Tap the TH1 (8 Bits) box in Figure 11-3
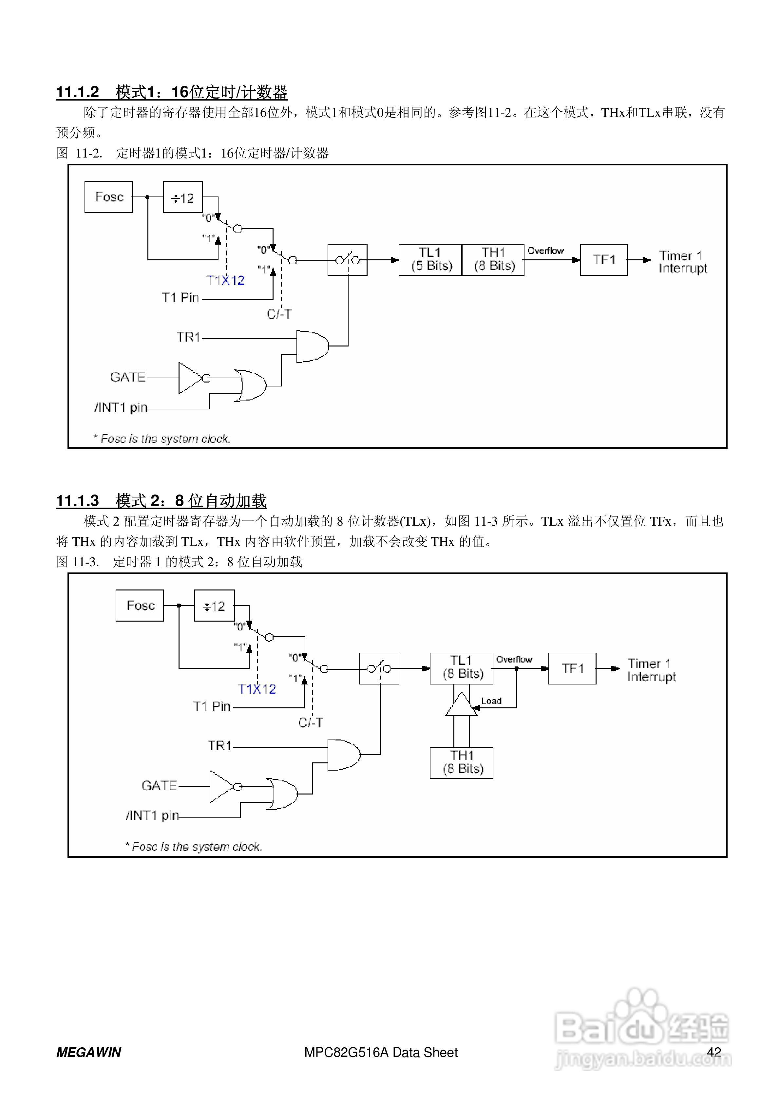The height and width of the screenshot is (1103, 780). click(x=461, y=762)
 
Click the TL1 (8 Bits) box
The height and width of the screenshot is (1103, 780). click(x=461, y=668)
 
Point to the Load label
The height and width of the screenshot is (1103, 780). click(x=491, y=701)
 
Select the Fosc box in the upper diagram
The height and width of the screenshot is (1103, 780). click(x=109, y=196)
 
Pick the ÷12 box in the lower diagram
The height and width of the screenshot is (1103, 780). click(x=214, y=606)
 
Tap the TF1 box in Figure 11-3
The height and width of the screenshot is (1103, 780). click(x=572, y=668)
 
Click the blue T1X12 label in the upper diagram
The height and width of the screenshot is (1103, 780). click(x=225, y=281)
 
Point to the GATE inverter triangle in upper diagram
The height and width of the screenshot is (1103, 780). click(x=190, y=378)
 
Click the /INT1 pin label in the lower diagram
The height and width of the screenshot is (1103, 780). click(x=152, y=815)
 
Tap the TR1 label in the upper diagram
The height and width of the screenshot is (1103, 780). click(x=188, y=337)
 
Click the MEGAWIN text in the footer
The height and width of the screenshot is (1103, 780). click(x=89, y=1053)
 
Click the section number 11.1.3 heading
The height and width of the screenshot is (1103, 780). click(x=78, y=501)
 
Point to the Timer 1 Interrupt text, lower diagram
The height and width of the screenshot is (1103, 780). click(x=651, y=670)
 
